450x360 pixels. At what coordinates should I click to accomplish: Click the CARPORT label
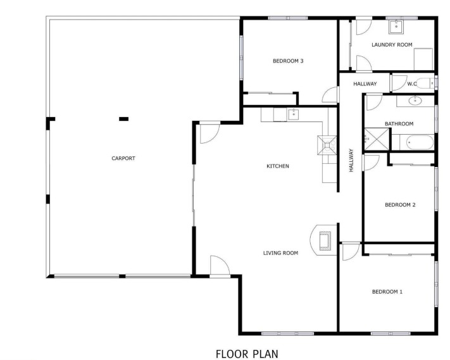tap(123, 158)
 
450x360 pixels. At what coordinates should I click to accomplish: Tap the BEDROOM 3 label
tap(288, 61)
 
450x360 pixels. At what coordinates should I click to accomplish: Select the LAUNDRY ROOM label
tap(392, 44)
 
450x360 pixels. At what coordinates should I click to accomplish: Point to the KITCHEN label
tap(277, 166)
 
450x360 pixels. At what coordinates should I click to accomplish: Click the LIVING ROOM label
tap(280, 253)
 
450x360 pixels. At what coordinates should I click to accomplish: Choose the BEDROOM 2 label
tap(400, 204)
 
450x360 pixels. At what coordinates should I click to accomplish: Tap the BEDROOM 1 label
tap(387, 292)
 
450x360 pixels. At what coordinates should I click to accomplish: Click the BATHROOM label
tap(399, 123)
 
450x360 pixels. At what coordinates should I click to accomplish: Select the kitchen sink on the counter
tap(293, 115)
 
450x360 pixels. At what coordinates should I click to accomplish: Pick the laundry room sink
tap(396, 26)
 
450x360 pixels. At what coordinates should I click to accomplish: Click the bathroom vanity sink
tap(415, 100)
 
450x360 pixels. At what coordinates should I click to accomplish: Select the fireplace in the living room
tap(324, 241)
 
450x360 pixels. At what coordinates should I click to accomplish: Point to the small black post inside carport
tap(124, 118)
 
